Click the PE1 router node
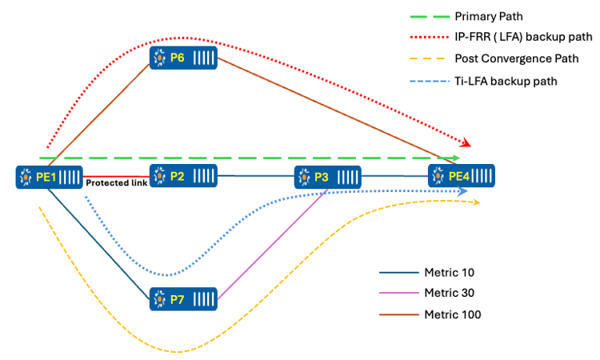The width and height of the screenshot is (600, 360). [x=49, y=176]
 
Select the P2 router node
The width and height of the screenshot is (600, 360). [x=182, y=175]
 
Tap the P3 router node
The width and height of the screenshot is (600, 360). [x=328, y=176]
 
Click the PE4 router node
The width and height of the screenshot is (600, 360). [x=462, y=175]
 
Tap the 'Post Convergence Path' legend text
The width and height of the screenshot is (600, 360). [x=512, y=59]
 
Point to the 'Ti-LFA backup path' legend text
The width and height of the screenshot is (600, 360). [x=505, y=81]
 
